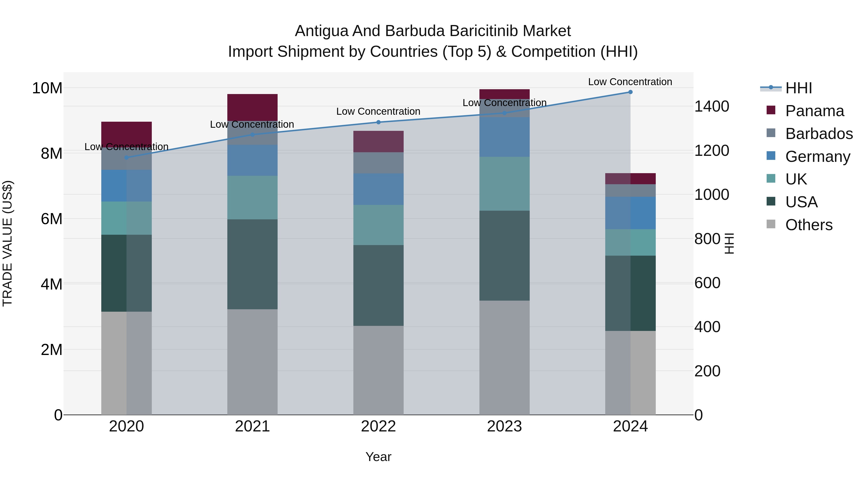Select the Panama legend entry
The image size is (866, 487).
(x=814, y=111)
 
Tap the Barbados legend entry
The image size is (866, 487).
(x=819, y=134)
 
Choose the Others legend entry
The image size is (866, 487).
(x=809, y=225)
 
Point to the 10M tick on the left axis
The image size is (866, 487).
(x=47, y=89)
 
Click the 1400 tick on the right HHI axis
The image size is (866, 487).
(x=711, y=107)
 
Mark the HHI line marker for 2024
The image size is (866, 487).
(x=630, y=92)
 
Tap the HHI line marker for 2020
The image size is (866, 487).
(x=126, y=157)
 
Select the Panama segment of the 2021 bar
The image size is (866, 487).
(x=253, y=107)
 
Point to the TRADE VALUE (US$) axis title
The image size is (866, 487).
(x=7, y=243)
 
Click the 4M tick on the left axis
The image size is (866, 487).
(x=51, y=284)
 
